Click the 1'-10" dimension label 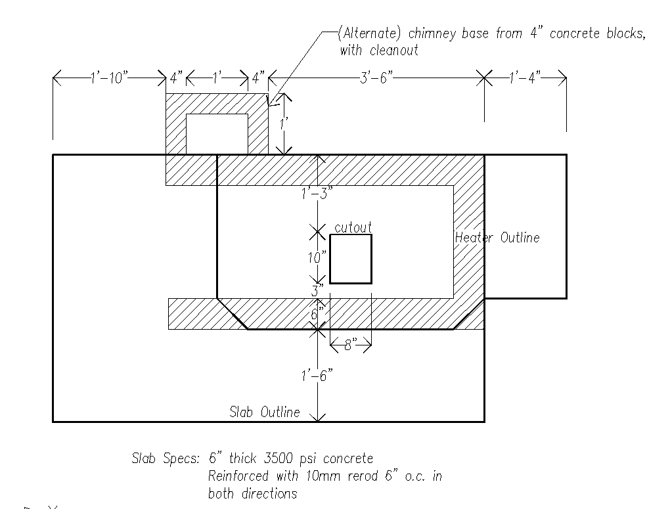(109, 77)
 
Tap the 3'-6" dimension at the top (376, 77)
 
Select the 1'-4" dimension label (525, 77)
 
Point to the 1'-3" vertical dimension (317, 192)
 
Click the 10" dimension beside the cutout (317, 257)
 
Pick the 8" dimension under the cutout (351, 344)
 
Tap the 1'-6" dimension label (317, 376)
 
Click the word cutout (353, 227)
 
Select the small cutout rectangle (351, 235)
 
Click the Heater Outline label (497, 238)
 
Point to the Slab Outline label (265, 412)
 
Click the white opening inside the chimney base (217, 134)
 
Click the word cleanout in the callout (394, 51)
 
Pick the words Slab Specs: (166, 458)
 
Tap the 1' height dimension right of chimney (284, 123)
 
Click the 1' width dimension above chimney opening (217, 77)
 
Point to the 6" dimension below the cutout (315, 315)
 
